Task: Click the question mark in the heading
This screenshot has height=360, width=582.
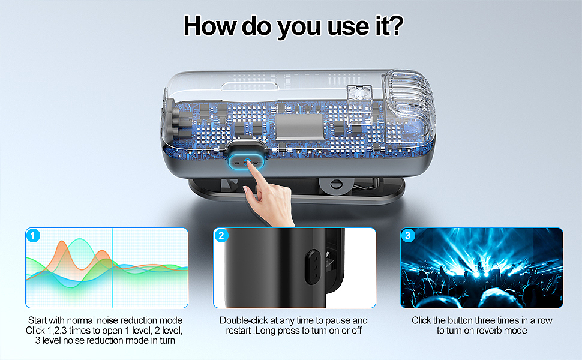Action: click(x=394, y=25)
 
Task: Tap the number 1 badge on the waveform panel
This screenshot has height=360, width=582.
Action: click(x=33, y=235)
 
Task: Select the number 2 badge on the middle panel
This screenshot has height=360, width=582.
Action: click(x=221, y=235)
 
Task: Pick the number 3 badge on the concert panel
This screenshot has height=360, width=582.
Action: click(x=408, y=235)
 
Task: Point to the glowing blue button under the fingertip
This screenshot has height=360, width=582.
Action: click(x=246, y=162)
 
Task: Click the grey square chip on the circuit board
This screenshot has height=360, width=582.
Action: click(x=299, y=126)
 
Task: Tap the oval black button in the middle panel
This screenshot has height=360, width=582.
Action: click(x=313, y=266)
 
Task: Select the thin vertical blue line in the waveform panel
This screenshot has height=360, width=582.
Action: click(x=112, y=268)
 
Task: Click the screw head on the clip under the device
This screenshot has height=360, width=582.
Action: click(x=337, y=184)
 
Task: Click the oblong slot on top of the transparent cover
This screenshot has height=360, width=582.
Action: click(x=250, y=87)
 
